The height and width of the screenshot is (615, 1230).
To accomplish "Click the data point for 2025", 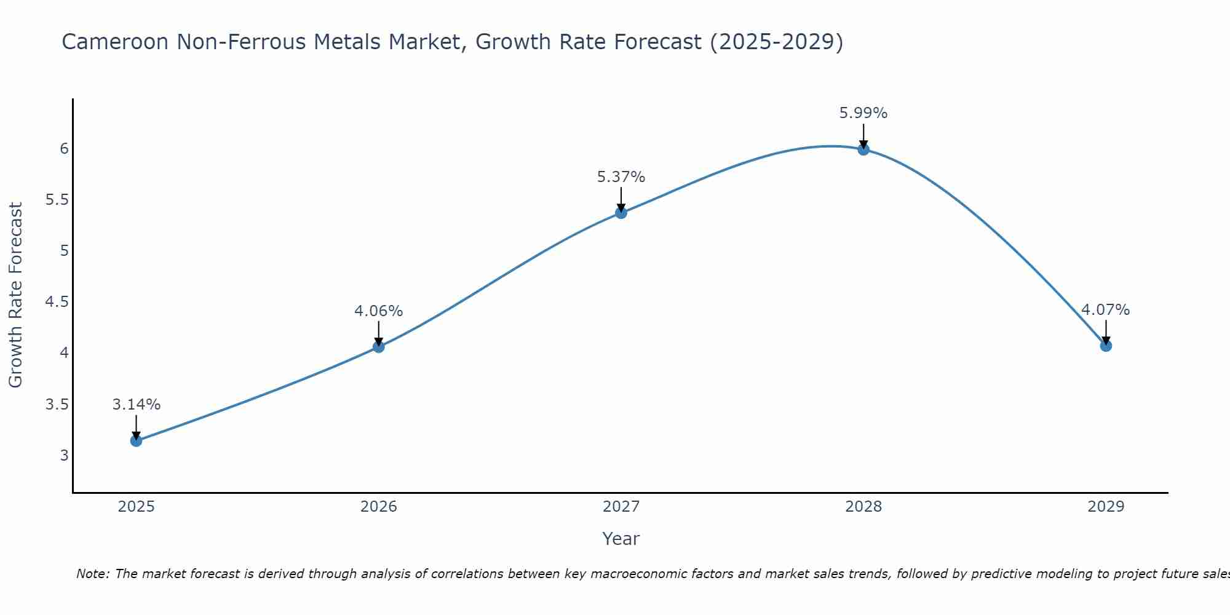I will click(x=136, y=440).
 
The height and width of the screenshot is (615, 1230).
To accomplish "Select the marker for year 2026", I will click(x=378, y=347).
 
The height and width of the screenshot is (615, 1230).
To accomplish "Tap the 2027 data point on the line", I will click(x=621, y=213).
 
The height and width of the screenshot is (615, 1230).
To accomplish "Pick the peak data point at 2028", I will click(x=863, y=149).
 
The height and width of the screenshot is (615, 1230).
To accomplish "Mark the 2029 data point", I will click(x=1105, y=346).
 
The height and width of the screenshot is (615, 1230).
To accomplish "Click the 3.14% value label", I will click(x=136, y=405).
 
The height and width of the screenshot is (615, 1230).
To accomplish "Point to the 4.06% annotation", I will click(x=378, y=311).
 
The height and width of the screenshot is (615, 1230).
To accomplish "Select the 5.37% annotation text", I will click(x=621, y=177).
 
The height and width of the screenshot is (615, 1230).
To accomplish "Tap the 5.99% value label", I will click(x=863, y=113).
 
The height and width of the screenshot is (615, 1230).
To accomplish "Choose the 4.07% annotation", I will click(x=1105, y=310).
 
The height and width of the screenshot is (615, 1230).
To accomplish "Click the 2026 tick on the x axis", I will click(x=378, y=507).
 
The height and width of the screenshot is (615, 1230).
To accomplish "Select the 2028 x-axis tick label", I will click(x=863, y=507).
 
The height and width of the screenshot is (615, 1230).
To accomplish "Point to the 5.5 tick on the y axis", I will click(x=57, y=200).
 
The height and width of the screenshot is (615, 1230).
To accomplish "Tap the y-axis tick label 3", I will click(x=64, y=456).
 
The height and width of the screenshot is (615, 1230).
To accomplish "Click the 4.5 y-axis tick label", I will click(x=57, y=302).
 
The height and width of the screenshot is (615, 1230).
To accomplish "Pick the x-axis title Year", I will click(x=621, y=539).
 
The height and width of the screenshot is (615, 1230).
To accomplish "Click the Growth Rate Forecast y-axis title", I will click(x=15, y=295).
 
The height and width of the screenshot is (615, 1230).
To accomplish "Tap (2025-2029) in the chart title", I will click(x=776, y=42).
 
